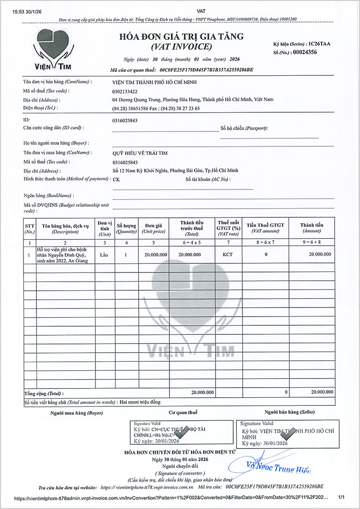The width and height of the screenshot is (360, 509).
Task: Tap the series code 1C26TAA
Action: coord(319,44)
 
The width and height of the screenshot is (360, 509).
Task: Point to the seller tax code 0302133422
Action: coord(125,91)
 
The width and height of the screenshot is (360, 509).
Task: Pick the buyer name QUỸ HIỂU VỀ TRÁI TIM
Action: coord(140,153)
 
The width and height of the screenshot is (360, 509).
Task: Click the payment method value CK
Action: coord(116,179)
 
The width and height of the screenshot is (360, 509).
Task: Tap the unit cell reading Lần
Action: coord(104,254)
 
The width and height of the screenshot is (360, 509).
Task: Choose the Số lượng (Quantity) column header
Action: coord(126,228)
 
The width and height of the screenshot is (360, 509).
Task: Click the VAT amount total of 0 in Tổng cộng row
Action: coord(286,392)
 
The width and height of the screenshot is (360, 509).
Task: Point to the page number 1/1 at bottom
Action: coord(342,498)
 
